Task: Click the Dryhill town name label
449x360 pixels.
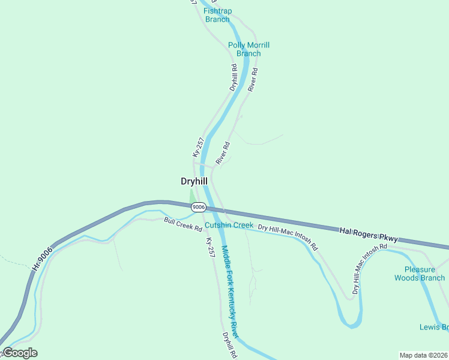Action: pos(194,181)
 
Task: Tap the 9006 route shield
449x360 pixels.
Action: pos(199,207)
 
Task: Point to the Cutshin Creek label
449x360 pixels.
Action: pos(229,225)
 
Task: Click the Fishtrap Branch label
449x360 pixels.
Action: pos(217,15)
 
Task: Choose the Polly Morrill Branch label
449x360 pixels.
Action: pos(249,49)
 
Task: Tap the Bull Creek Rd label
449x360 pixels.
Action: pos(182,225)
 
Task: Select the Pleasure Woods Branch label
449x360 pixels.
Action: pos(420,274)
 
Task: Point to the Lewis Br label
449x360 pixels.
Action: pos(433,327)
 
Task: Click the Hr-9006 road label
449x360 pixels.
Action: pos(41,261)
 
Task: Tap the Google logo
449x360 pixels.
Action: pos(20,353)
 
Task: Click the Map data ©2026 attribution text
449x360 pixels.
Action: pos(423,355)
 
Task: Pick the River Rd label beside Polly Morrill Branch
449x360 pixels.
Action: pos(253,79)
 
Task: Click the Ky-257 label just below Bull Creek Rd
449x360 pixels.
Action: pos(210,248)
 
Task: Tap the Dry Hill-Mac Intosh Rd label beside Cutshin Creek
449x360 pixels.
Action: pos(288,237)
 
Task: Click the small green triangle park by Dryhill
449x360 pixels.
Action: pos(192,197)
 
